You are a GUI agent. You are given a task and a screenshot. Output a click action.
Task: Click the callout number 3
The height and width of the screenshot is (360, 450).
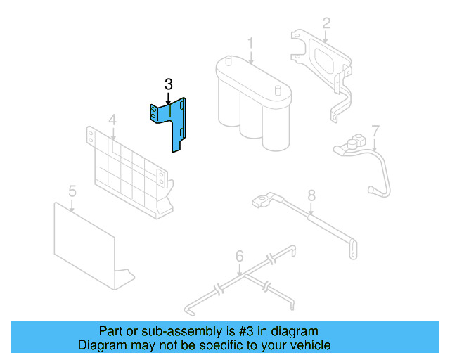(168, 84)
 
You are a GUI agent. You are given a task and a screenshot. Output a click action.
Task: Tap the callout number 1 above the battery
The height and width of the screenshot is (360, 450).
(250, 45)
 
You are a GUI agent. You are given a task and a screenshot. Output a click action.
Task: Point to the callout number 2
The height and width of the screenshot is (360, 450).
(326, 22)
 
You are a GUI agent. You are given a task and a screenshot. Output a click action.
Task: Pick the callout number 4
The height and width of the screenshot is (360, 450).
(112, 122)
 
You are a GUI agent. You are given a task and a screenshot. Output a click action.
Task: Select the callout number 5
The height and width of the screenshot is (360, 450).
(72, 191)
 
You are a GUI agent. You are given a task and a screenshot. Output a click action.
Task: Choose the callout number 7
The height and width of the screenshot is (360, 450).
(375, 130)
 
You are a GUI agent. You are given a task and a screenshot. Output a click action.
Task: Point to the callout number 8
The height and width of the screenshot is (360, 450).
(311, 195)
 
